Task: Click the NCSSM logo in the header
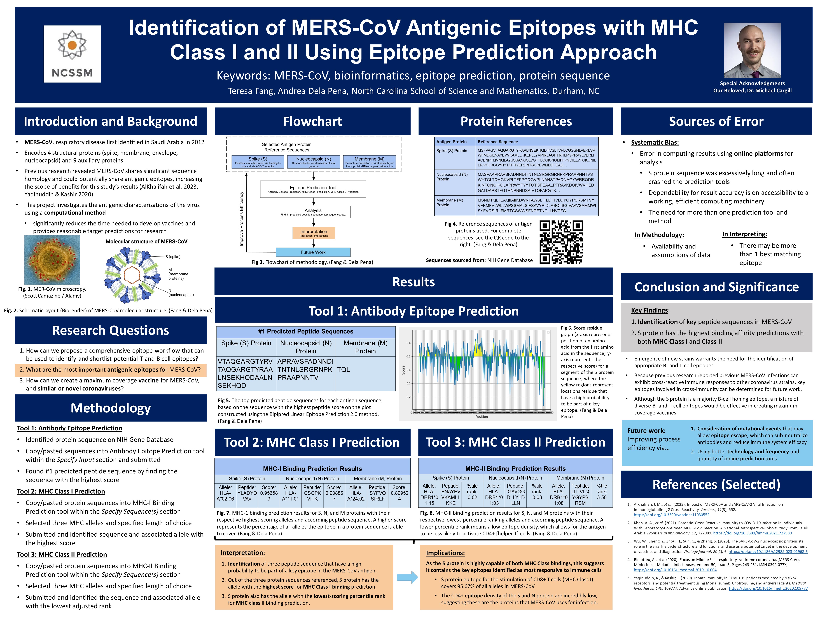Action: tap(72, 54)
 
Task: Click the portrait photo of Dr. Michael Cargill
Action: tap(752, 50)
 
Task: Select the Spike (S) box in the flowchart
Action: tap(258, 161)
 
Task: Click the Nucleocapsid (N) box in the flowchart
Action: tap(313, 161)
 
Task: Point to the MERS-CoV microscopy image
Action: tap(52, 260)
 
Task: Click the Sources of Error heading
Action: tap(716, 121)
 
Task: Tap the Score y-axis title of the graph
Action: tap(403, 370)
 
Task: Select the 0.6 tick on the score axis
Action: tap(409, 343)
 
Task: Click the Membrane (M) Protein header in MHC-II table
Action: tap(580, 478)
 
